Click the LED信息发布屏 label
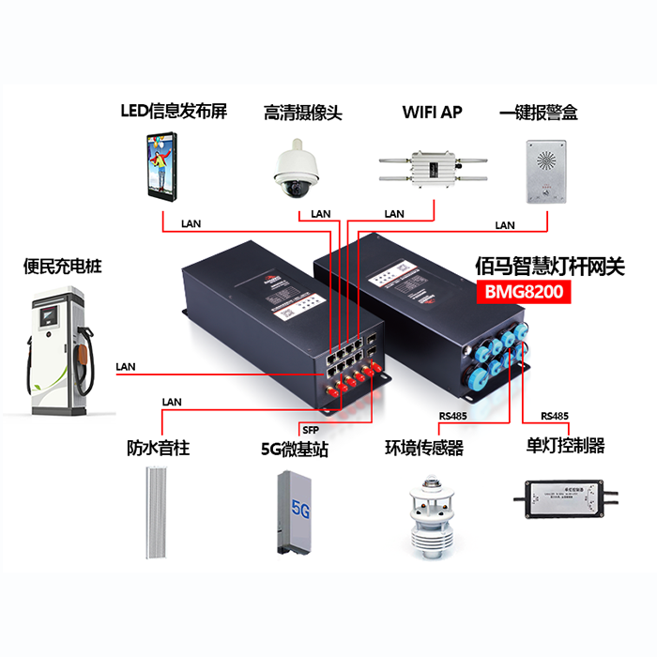174,111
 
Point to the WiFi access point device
434,170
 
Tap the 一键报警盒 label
539,112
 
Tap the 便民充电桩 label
62,266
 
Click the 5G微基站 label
295,449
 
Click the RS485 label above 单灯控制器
555,416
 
